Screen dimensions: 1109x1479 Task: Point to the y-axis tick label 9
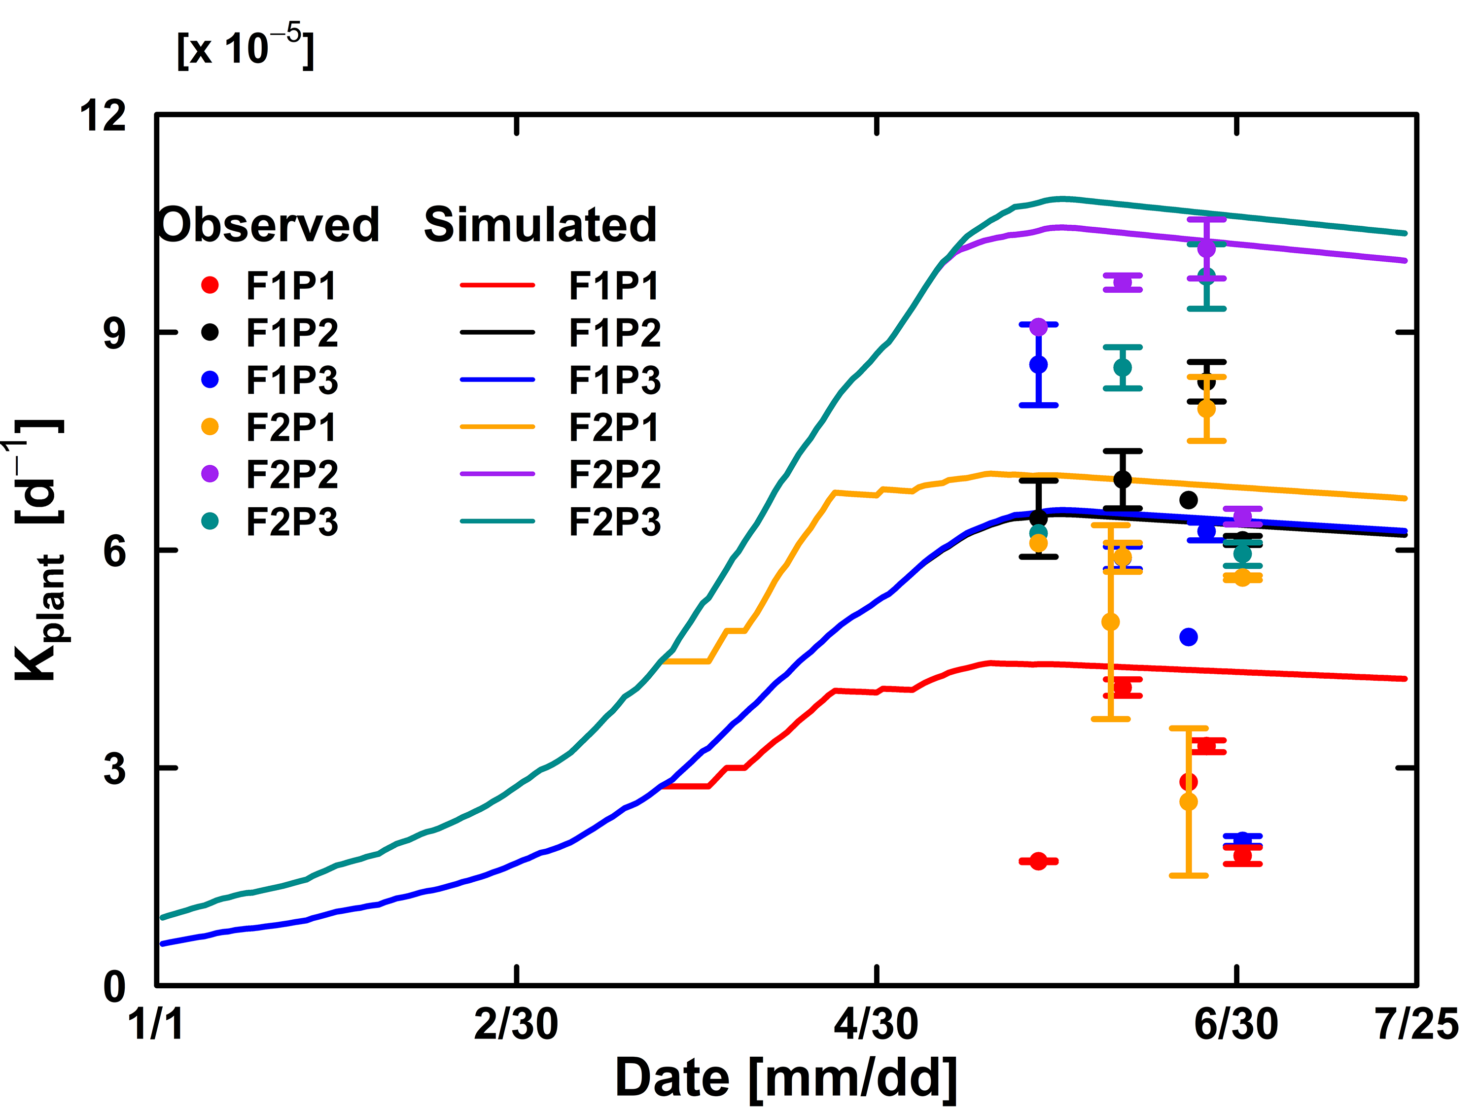[x=114, y=332]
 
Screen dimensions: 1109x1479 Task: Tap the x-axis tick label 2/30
[x=516, y=1023]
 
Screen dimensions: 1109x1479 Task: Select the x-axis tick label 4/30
[x=876, y=1023]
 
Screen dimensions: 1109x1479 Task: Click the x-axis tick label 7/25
[x=1417, y=1023]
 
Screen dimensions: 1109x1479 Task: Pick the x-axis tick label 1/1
[x=156, y=1023]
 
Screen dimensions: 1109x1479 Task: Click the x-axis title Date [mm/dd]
[x=786, y=1077]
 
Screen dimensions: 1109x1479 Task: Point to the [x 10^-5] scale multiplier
[x=245, y=47]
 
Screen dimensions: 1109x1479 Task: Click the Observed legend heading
[x=269, y=225]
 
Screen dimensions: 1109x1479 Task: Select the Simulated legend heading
[x=540, y=225]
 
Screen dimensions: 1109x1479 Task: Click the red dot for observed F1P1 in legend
[x=210, y=285]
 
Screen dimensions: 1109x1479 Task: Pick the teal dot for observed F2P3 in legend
[x=210, y=521]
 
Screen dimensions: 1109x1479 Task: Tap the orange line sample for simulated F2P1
[x=497, y=426]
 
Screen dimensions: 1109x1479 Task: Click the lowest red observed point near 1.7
[x=1038, y=861]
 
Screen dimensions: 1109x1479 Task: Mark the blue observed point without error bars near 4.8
[x=1188, y=637]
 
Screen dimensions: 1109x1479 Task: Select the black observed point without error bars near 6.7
[x=1188, y=499]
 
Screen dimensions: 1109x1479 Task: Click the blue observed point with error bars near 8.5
[x=1038, y=364]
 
